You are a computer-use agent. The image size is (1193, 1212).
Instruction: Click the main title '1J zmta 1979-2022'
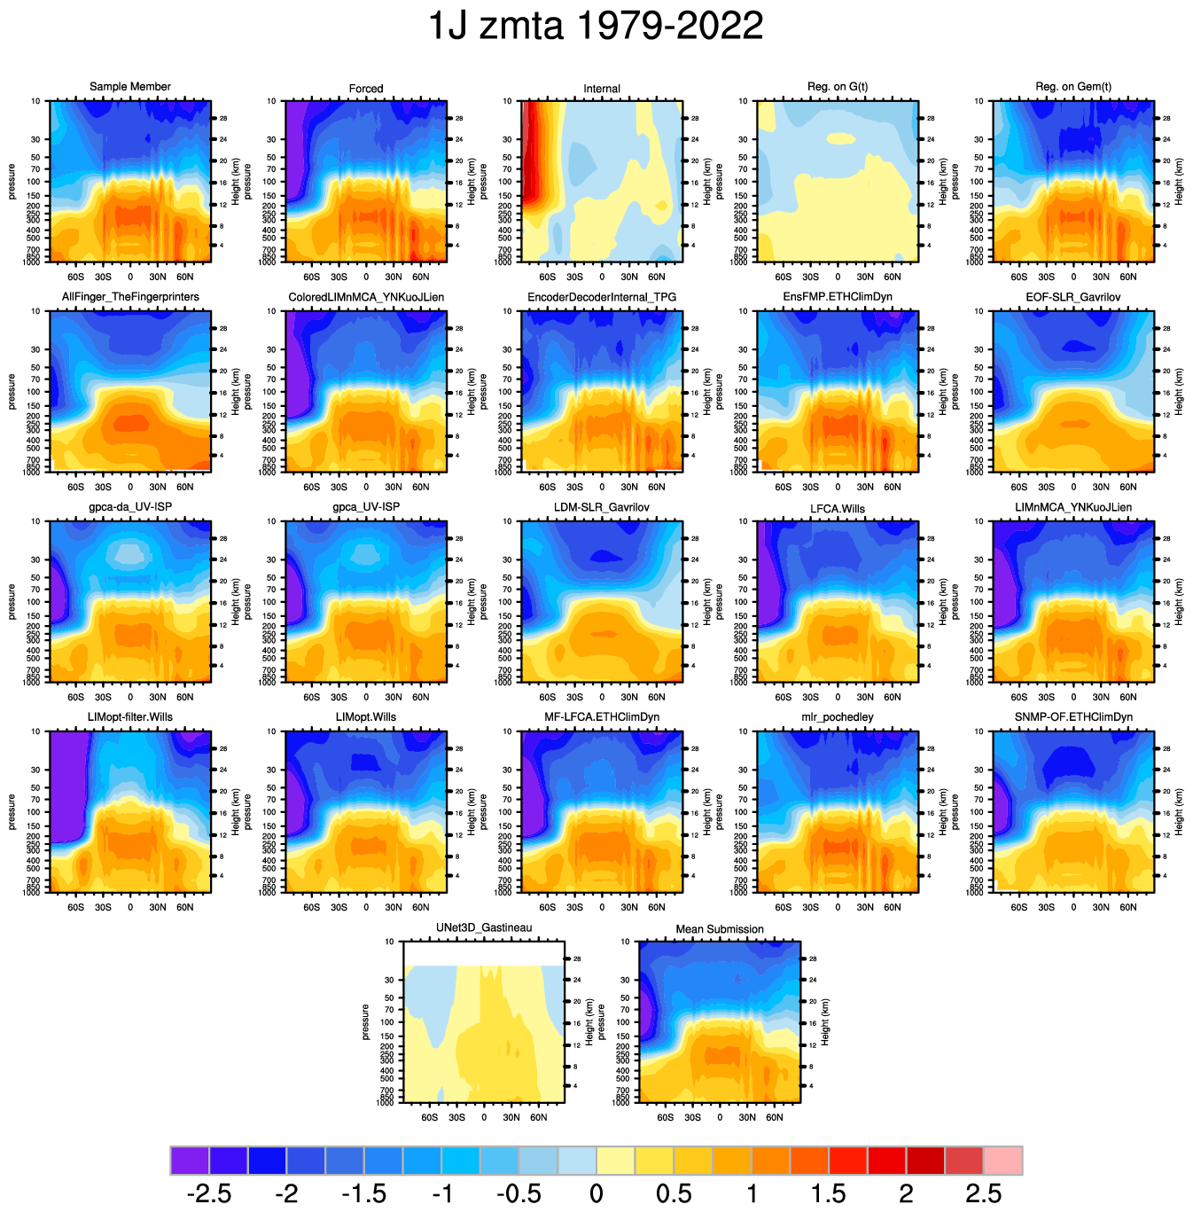[x=596, y=27]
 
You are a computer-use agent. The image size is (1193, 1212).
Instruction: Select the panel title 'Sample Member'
[x=130, y=87]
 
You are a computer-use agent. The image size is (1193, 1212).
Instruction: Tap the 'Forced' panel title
[x=366, y=89]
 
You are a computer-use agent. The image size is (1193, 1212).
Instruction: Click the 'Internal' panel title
[x=602, y=89]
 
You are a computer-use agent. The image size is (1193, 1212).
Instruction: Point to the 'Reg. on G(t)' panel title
[x=838, y=87]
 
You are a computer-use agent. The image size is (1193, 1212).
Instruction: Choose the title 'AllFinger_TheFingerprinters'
[x=130, y=297]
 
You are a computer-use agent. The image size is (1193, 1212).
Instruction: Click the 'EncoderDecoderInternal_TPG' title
[x=602, y=297]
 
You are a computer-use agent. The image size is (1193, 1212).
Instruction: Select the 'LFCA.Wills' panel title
[x=838, y=509]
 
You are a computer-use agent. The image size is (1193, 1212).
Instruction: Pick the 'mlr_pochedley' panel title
[x=838, y=717]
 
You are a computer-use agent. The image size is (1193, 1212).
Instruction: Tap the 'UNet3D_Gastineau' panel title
[x=484, y=928]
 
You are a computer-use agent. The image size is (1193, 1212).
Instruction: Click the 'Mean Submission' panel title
[x=720, y=929]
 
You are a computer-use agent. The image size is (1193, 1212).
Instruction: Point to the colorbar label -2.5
[x=209, y=1193]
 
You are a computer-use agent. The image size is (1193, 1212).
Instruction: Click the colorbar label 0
[x=596, y=1193]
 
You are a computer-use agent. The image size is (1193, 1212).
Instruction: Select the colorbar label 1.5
[x=829, y=1193]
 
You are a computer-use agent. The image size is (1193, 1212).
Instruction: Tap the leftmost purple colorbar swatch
[x=190, y=1160]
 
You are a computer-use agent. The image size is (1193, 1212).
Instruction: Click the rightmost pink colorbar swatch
[x=1003, y=1160]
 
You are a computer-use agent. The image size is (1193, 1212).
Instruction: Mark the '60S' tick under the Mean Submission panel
[x=666, y=1117]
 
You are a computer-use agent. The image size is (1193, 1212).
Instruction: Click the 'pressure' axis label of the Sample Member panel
[x=12, y=182]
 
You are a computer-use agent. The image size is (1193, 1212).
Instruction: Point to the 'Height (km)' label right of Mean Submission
[x=825, y=1022]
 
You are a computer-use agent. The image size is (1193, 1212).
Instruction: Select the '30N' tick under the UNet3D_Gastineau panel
[x=511, y=1117]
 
